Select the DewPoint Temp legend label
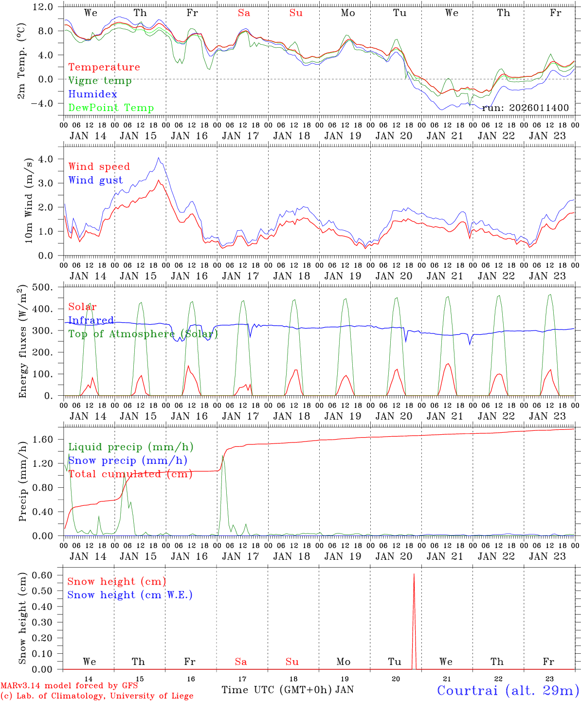pos(111,108)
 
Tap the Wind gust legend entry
pos(95,180)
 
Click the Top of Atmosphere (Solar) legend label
pos(143,333)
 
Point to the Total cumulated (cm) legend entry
pos(130,474)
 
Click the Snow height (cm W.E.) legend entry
pos(129,595)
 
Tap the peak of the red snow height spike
pos(414,574)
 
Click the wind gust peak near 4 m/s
pos(159,158)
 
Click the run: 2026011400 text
pos(525,108)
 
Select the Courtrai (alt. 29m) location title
pos(508,690)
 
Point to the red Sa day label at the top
pos(244,13)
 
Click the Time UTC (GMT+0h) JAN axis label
pos(287,690)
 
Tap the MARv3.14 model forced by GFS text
pos(69,686)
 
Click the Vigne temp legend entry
pos(100,80)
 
